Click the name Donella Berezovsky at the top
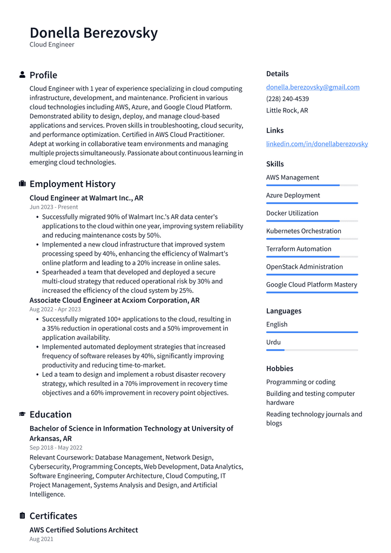[x=93, y=33]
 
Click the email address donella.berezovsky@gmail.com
[x=313, y=87]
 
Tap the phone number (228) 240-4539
[x=287, y=99]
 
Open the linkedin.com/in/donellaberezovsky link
[x=316, y=144]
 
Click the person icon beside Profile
[x=22, y=75]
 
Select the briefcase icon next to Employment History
[x=22, y=184]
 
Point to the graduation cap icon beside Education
[x=22, y=414]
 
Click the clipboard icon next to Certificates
[x=22, y=516]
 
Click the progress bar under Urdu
[x=312, y=350]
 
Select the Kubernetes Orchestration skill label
[x=304, y=231]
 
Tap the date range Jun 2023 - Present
[x=53, y=207]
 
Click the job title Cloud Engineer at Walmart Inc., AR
[x=86, y=198]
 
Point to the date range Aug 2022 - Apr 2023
[x=55, y=309]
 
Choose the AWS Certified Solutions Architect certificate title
[x=84, y=530]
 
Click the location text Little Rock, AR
[x=287, y=110]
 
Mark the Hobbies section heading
[x=279, y=368]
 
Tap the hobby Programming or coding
[x=300, y=382]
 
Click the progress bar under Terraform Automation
[x=312, y=257]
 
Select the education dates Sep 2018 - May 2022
[x=56, y=448]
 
